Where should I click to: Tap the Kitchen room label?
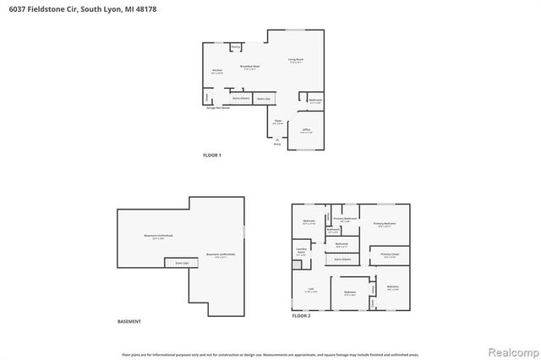pos(216,70)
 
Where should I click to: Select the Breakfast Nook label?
pos(249,65)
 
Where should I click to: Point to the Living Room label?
pos(295,59)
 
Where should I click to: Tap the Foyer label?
pos(277,122)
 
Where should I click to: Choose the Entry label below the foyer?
pos(276,144)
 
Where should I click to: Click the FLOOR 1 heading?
pos(212,155)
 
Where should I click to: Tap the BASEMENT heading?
pos(129,322)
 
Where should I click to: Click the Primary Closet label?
pos(390,254)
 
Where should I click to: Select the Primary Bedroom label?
pos(385,224)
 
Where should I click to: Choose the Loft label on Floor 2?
pos(310,289)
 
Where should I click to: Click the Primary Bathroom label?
pos(344,219)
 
